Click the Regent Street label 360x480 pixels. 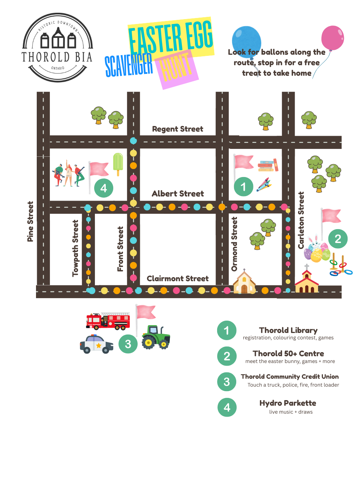pyautogui.click(x=177, y=129)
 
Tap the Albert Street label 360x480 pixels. pyautogui.click(x=178, y=193)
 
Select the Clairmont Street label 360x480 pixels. pyautogui.click(x=177, y=279)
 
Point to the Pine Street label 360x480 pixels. pyautogui.click(x=30, y=222)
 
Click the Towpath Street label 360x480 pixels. pyautogui.click(x=75, y=248)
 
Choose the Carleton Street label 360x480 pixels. pyautogui.click(x=301, y=220)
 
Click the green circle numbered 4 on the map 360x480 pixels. pyautogui.click(x=104, y=188)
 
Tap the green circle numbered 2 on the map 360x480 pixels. pyautogui.click(x=338, y=238)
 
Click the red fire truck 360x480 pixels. pyautogui.click(x=108, y=321)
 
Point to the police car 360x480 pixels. pyautogui.click(x=96, y=344)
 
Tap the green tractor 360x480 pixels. pyautogui.click(x=156, y=337)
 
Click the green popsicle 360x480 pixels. pyautogui.click(x=118, y=163)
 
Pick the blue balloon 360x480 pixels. pyautogui.click(x=246, y=40)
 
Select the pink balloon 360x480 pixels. pyautogui.click(x=333, y=38)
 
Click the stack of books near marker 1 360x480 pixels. pyautogui.click(x=267, y=165)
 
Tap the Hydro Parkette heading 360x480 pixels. pyautogui.click(x=288, y=403)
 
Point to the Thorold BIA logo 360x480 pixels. pyautogui.click(x=57, y=48)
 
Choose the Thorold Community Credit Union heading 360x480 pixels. pyautogui.click(x=289, y=376)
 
